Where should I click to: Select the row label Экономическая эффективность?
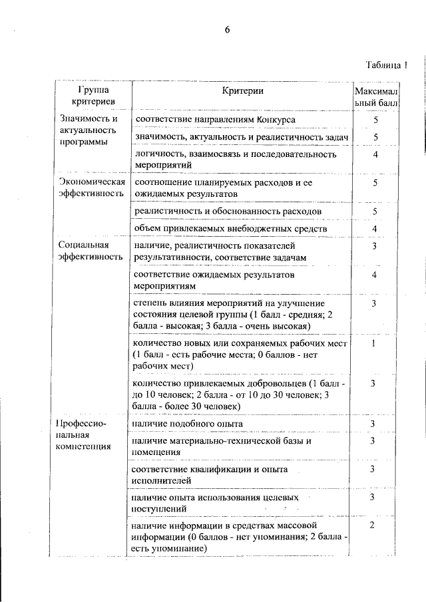91,188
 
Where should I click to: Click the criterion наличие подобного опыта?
188,423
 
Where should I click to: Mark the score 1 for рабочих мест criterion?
375,343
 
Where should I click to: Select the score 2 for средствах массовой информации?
374,526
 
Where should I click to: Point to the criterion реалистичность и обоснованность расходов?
228,211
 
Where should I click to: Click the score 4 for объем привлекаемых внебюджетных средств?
375,229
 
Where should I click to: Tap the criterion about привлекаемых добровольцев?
240,394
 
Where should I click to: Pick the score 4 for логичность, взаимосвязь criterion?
375,154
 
